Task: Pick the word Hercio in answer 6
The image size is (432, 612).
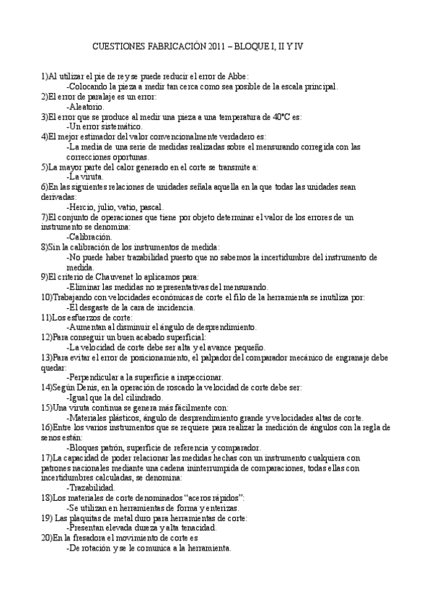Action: [x=81, y=206]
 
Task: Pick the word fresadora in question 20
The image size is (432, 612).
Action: [x=87, y=538]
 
